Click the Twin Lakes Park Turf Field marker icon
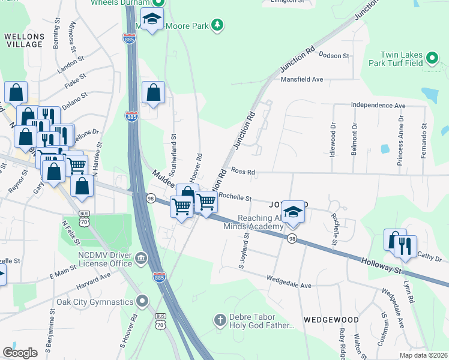point(432,58)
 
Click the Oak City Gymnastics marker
point(142,300)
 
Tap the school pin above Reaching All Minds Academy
point(292,212)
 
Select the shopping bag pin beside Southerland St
point(153,92)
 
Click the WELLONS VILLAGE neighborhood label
point(24,40)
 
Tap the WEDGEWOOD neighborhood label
point(331,320)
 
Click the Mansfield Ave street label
point(303,79)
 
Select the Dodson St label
point(334,56)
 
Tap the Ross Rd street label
point(243,172)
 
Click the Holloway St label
point(382,265)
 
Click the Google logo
point(20,353)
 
